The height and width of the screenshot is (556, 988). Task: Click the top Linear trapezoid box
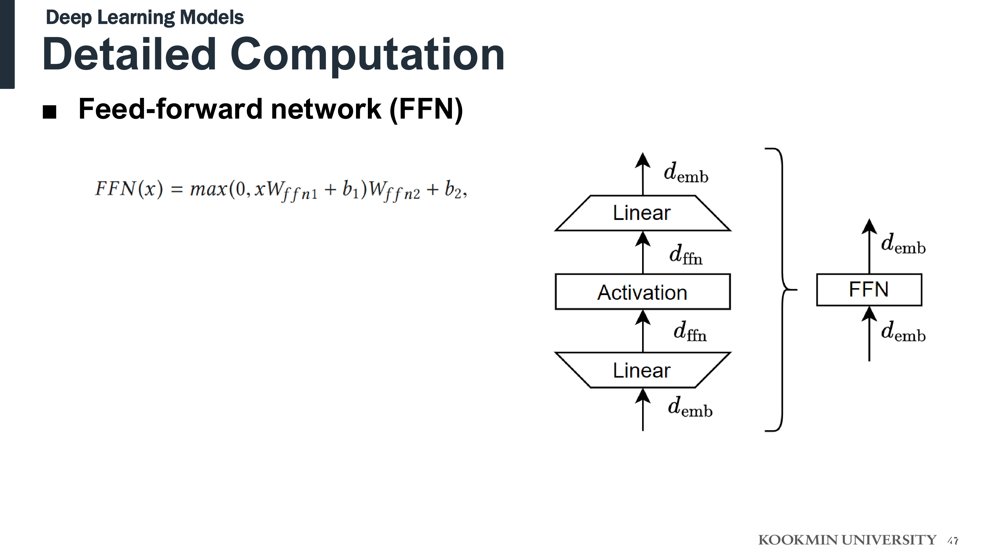pyautogui.click(x=642, y=213)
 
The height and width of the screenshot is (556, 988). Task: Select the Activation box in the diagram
pyautogui.click(x=642, y=292)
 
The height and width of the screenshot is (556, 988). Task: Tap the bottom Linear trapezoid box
pyautogui.click(x=642, y=370)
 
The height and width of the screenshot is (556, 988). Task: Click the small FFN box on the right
pyautogui.click(x=869, y=290)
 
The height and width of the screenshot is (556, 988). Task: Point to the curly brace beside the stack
pyautogui.click(x=780, y=290)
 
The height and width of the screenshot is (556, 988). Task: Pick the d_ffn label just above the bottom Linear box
pyautogui.click(x=690, y=332)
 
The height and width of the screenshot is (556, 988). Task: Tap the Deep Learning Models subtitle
pyautogui.click(x=145, y=18)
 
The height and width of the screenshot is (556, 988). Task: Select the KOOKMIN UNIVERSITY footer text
pyautogui.click(x=847, y=540)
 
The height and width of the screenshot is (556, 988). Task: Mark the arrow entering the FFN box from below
pyautogui.click(x=869, y=334)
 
